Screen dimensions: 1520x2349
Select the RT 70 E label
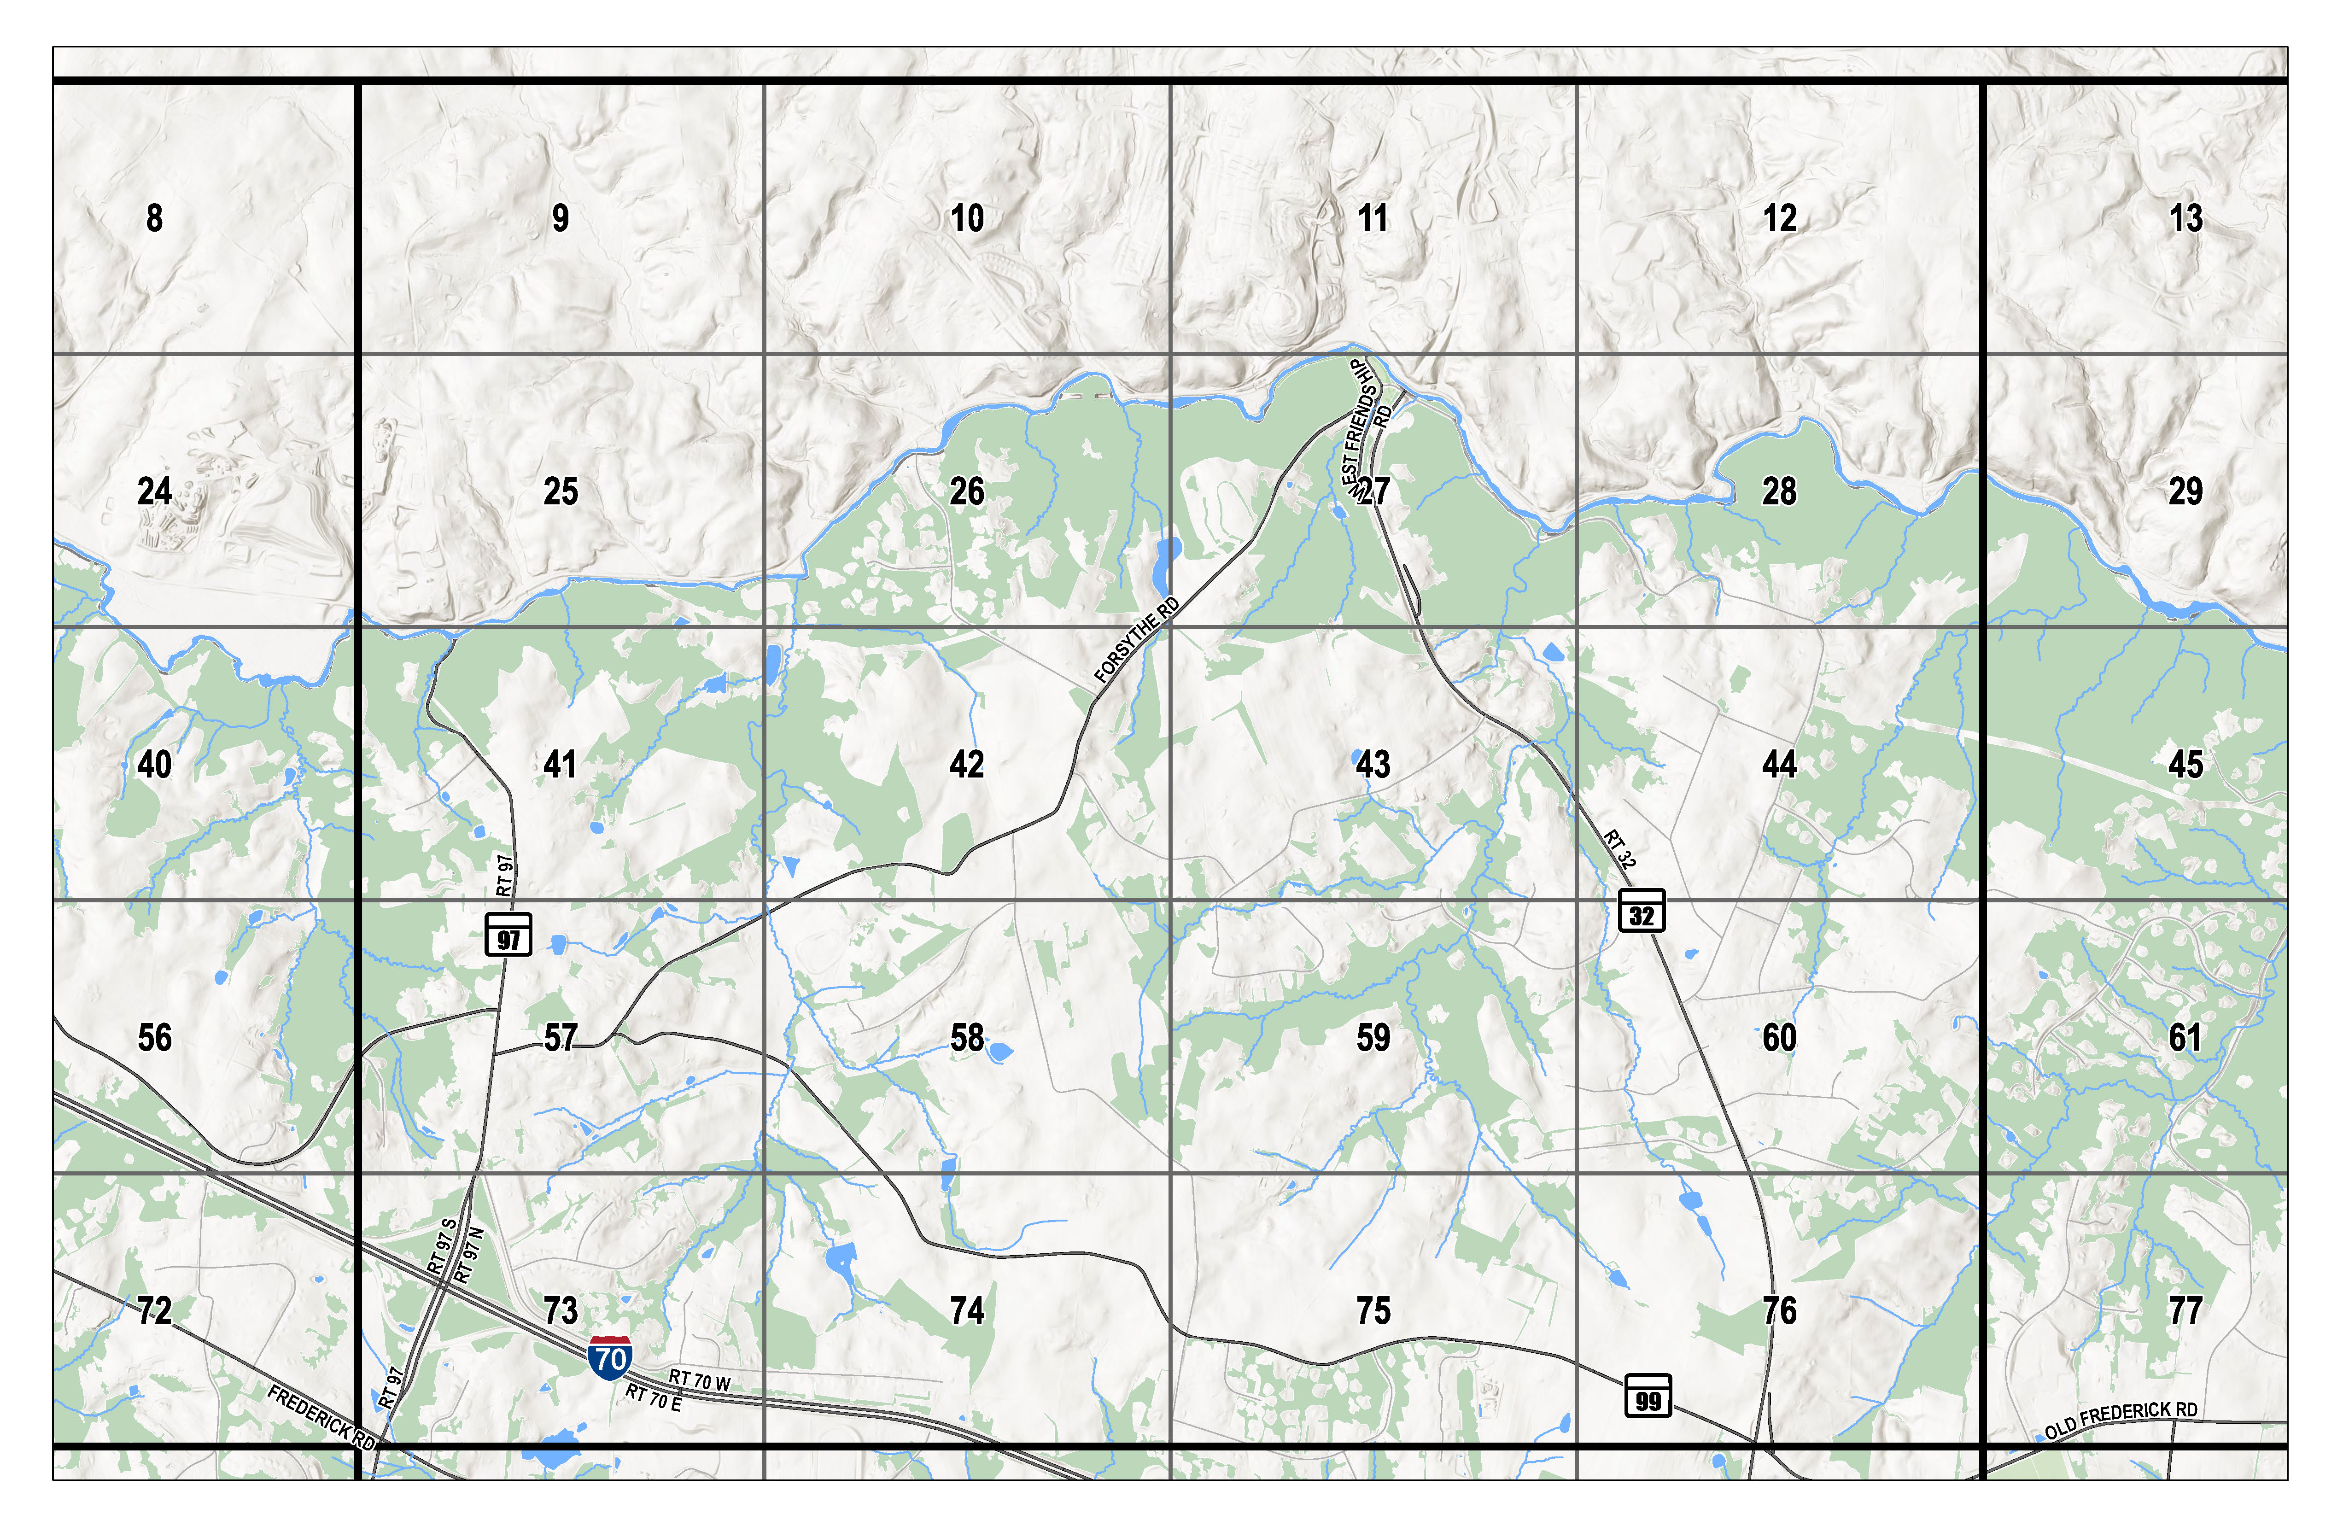coord(654,1397)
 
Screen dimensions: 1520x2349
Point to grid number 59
coord(1373,1037)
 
